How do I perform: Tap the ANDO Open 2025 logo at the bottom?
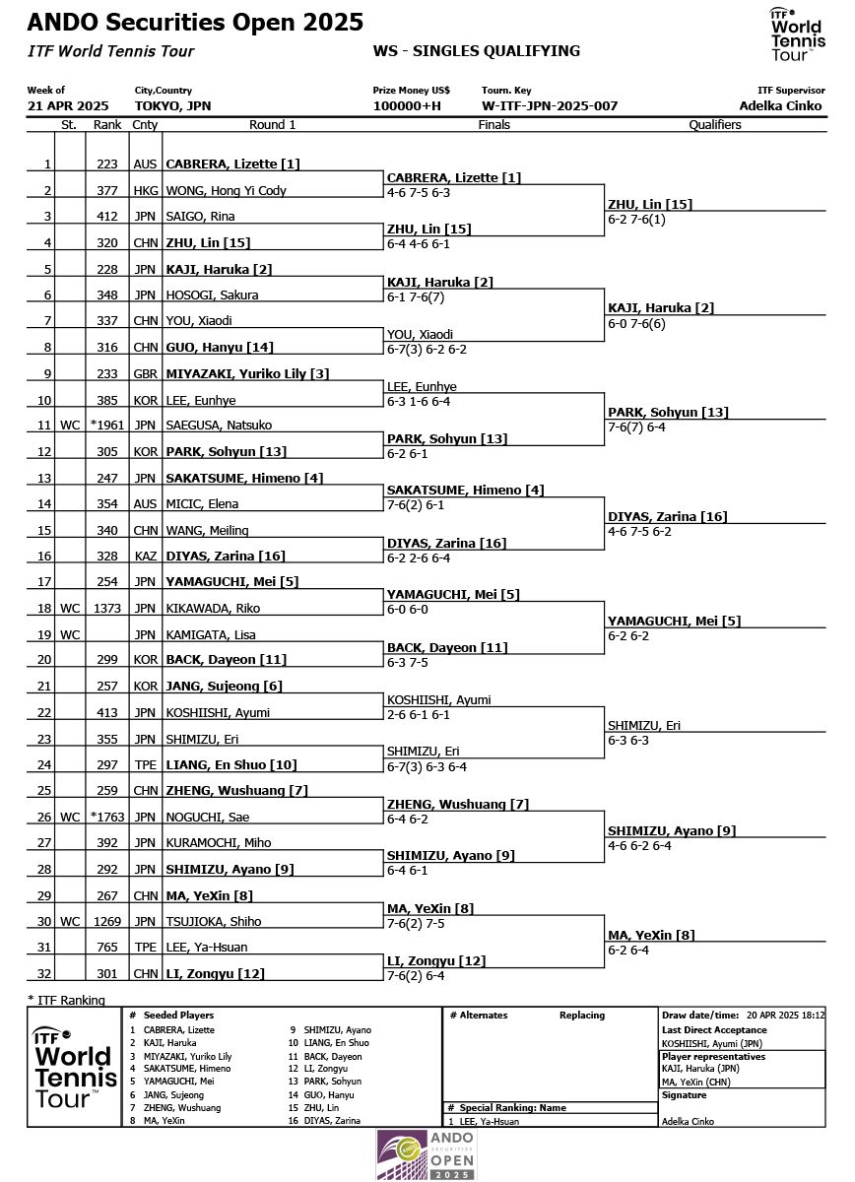[427, 1154]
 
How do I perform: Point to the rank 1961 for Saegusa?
[107, 426]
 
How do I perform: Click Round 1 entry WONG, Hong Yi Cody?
[226, 191]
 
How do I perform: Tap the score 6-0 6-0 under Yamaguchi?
[412, 610]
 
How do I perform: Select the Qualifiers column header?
[715, 125]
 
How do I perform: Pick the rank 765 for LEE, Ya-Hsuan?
[107, 948]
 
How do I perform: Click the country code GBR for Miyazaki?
[145, 374]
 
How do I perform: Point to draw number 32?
[43, 974]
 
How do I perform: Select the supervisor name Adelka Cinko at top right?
[781, 106]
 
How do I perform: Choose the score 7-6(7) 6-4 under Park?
[638, 427]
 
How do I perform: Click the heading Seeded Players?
[178, 1016]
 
